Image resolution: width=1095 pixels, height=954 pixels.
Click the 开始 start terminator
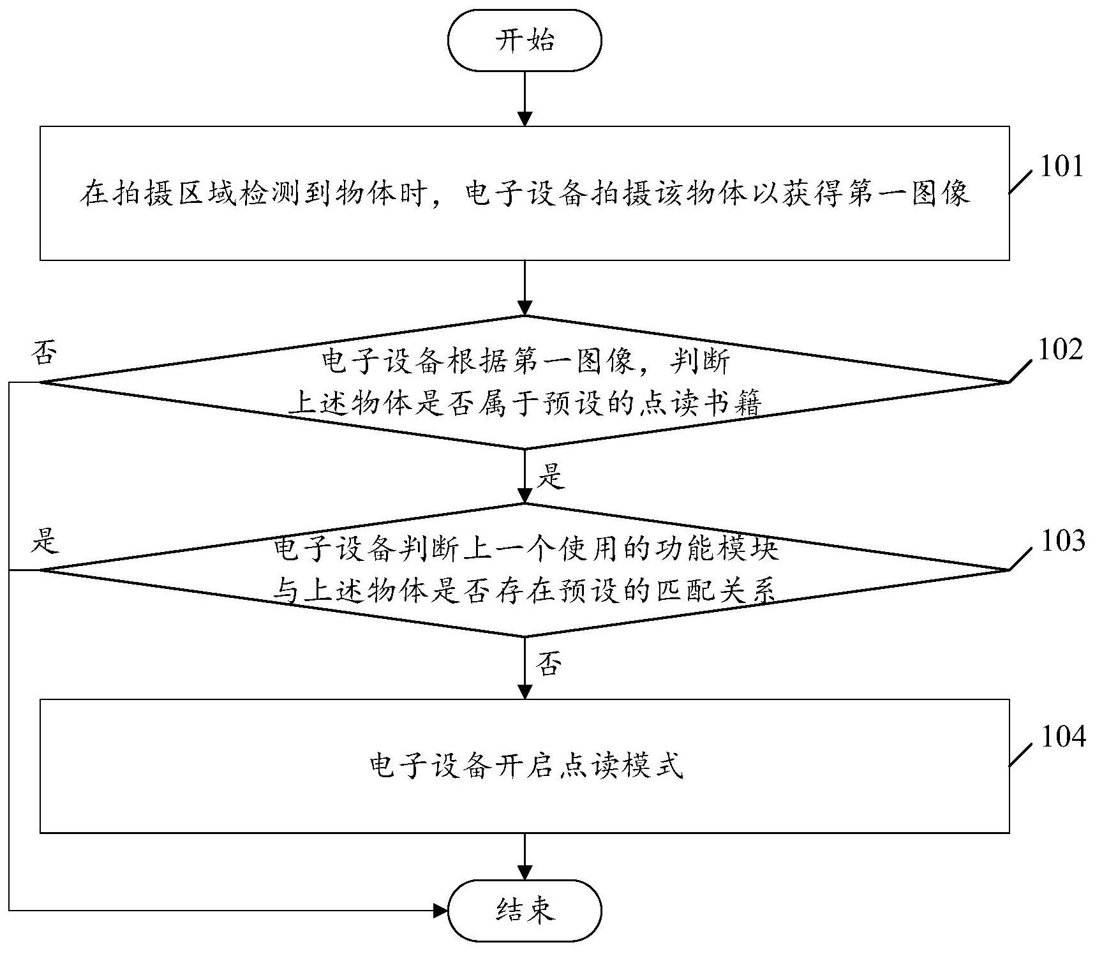(x=525, y=40)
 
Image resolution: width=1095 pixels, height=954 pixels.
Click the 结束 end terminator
(x=525, y=911)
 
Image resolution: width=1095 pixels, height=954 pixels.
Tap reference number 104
(x=1062, y=736)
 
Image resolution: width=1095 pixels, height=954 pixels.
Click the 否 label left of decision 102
(x=43, y=353)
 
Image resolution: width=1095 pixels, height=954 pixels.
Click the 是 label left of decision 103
(x=45, y=540)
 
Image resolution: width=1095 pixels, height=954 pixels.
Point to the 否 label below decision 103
(x=550, y=665)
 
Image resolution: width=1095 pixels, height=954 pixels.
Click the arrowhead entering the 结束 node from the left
(x=440, y=911)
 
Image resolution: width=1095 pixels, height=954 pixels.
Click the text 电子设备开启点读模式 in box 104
(x=526, y=766)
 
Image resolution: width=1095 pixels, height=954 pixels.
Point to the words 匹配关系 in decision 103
(x=715, y=592)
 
